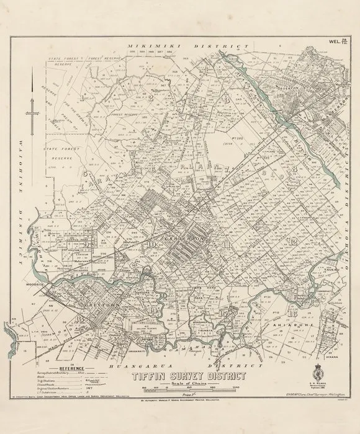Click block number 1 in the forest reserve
point(82,98)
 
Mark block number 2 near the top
point(150,97)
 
